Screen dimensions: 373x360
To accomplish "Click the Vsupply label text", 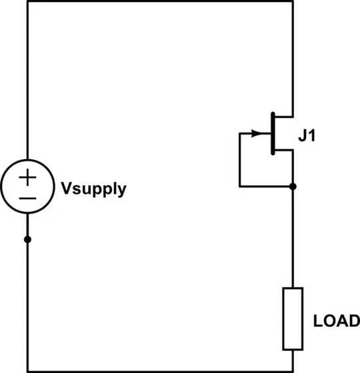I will pos(93,189).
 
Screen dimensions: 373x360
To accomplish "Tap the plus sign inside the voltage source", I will pos(27,178).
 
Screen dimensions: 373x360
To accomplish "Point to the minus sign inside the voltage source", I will pos(27,198).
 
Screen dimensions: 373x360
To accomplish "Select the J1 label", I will pos(307,139).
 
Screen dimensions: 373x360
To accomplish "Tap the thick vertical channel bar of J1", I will pos(273,134).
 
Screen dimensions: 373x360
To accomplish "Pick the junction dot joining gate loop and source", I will pos(293,187).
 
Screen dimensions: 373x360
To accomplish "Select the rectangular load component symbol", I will pos(293,319).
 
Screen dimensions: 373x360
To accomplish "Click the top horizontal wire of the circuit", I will pos(160,1).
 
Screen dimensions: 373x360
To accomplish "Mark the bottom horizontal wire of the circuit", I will pos(160,370).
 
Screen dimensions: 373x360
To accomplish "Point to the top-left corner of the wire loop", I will pos(27,1).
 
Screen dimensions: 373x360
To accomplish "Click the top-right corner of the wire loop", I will pos(293,1).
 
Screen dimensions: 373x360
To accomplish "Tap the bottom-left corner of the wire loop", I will pos(27,370).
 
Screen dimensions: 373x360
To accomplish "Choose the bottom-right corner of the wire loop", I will pos(293,370).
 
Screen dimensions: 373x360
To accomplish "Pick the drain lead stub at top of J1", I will pos(293,100).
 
